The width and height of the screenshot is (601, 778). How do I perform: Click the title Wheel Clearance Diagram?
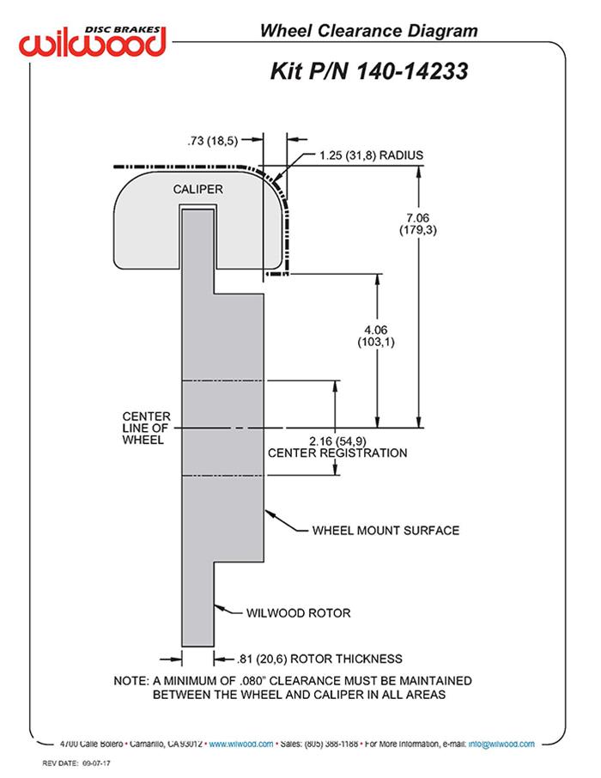tap(368, 32)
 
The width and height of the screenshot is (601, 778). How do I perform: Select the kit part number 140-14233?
tap(369, 72)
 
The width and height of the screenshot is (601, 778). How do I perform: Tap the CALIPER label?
tap(198, 189)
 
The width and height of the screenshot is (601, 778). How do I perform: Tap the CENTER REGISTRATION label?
tap(337, 453)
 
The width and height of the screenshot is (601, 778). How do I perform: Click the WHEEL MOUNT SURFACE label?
tap(385, 530)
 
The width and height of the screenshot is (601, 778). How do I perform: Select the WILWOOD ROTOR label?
tap(298, 613)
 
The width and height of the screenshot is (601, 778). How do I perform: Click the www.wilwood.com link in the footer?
tap(241, 745)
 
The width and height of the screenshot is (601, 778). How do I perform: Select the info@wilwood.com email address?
tap(501, 745)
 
